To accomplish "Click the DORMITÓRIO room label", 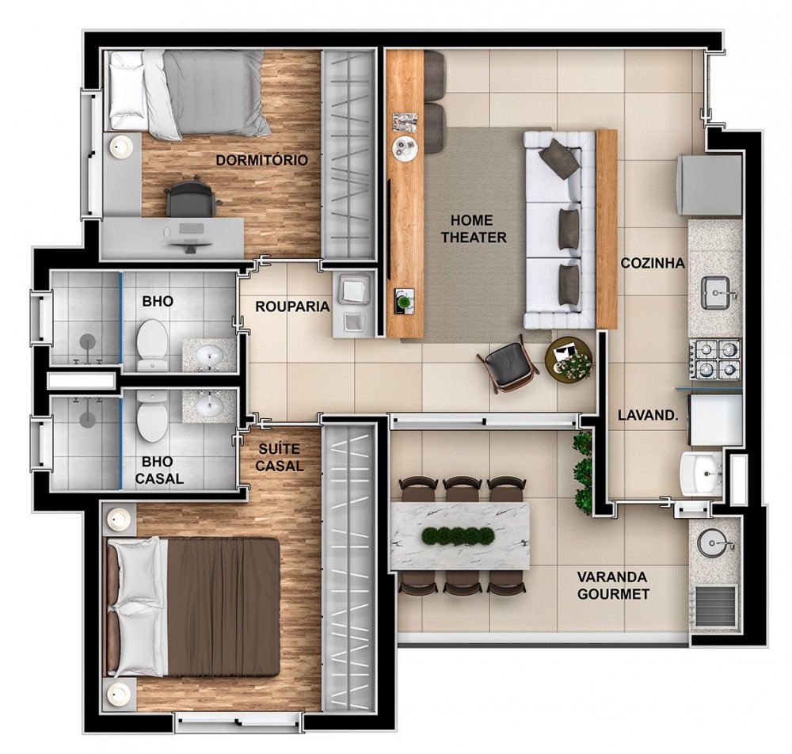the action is [261, 160].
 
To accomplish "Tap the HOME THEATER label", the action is [474, 229].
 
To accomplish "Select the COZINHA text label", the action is [653, 263].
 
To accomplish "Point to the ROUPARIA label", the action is [292, 307].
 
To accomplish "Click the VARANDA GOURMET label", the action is [613, 585].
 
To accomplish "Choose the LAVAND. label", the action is [648, 416].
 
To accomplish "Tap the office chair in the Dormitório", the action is [191, 197].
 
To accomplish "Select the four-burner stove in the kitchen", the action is [715, 359].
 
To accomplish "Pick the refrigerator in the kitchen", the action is [709, 185].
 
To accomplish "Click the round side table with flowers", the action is [569, 359].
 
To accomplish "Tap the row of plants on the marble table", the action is [458, 536].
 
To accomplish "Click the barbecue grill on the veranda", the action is [716, 605].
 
